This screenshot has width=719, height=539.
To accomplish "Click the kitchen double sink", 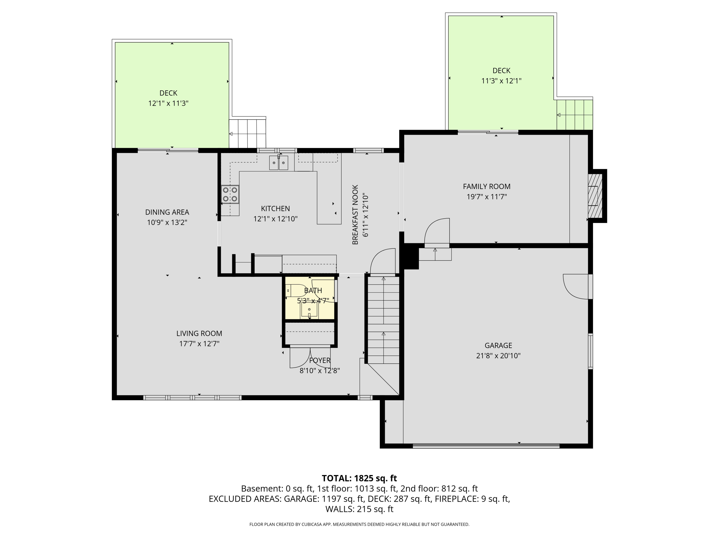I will pyautogui.click(x=278, y=163).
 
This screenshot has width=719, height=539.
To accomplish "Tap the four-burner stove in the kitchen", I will pyautogui.click(x=230, y=194).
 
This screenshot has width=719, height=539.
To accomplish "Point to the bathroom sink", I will pyautogui.click(x=309, y=309).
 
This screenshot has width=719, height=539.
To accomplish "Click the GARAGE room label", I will pyautogui.click(x=498, y=345).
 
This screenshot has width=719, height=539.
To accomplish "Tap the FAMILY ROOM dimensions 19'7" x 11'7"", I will pyautogui.click(x=487, y=197).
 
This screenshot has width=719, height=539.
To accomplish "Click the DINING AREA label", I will pyautogui.click(x=167, y=212).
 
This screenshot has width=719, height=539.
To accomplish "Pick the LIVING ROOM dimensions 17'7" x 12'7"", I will pyautogui.click(x=199, y=344).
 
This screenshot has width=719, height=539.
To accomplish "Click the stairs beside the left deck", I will pyautogui.click(x=247, y=133).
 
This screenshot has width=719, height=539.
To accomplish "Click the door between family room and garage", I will pyautogui.click(x=437, y=232).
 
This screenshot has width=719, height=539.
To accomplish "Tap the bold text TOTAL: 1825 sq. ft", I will pyautogui.click(x=359, y=478).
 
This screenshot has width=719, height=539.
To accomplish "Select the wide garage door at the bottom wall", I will pyautogui.click(x=486, y=446).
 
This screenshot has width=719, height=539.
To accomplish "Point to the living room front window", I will pyautogui.click(x=192, y=397).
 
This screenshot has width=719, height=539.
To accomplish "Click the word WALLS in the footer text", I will pyautogui.click(x=340, y=509).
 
